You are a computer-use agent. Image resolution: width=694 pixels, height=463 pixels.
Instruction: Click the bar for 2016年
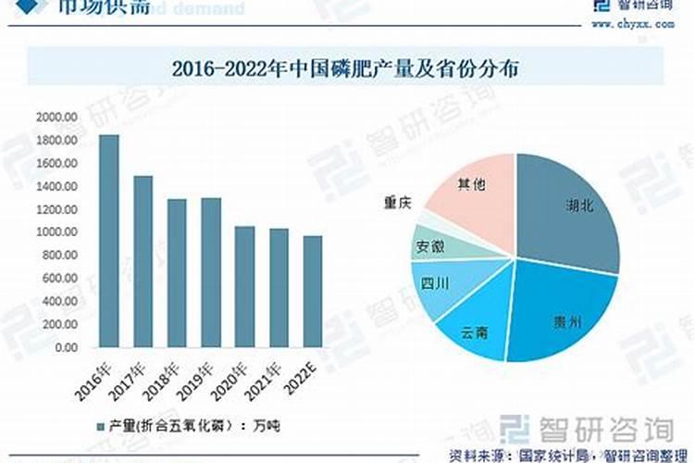pyautogui.click(x=109, y=241)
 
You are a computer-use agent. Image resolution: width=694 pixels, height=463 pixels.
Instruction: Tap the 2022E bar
pyautogui.click(x=313, y=292)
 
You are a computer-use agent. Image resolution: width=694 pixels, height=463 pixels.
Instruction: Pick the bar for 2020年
pyautogui.click(x=244, y=286)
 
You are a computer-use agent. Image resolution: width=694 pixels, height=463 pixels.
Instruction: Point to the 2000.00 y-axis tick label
pyautogui.click(x=57, y=117)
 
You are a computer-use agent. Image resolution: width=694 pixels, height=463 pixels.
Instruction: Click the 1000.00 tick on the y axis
pyautogui.click(x=57, y=232)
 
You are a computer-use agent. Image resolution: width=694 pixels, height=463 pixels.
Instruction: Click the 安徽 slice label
pyautogui.click(x=430, y=246)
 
